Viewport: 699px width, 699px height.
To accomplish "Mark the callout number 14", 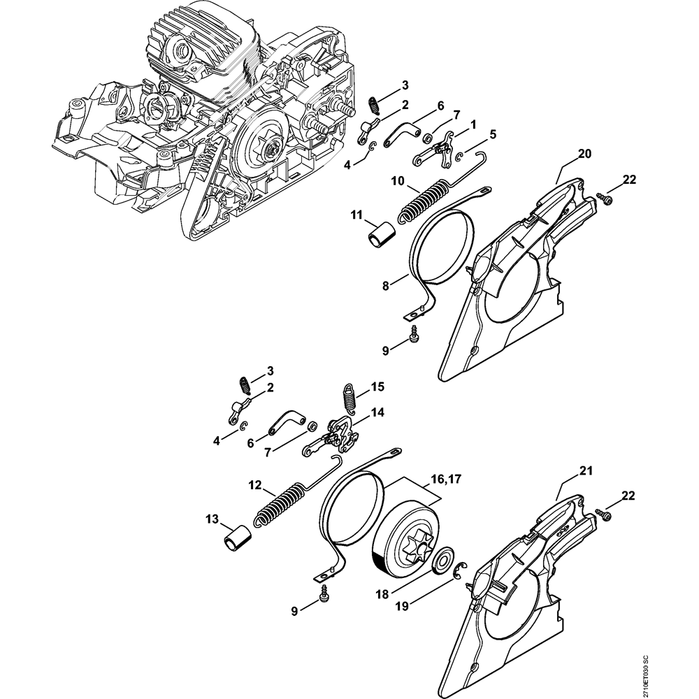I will click(x=377, y=412).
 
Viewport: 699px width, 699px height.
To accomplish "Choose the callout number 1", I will click(x=473, y=124).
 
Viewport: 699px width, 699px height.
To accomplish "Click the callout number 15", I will click(x=377, y=386).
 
